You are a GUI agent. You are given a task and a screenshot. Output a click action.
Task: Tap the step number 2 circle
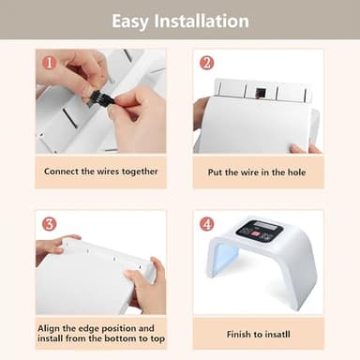206,64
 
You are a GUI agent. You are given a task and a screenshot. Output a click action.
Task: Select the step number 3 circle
49,224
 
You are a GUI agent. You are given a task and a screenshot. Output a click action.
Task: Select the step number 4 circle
206,225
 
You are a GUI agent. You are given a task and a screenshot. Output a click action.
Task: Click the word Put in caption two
216,172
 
